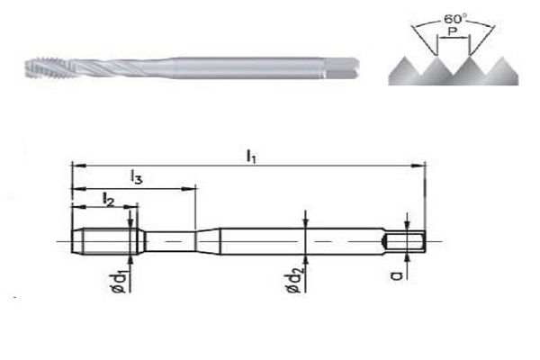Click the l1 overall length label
pyautogui.click(x=251, y=157)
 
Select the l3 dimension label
pyautogui.click(x=137, y=177)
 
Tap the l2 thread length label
pyautogui.click(x=108, y=200)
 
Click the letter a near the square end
pyautogui.click(x=398, y=275)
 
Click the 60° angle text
pyautogui.click(x=455, y=19)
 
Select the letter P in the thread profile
pyautogui.click(x=453, y=31)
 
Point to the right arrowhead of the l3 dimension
pyautogui.click(x=188, y=189)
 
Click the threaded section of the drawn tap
pyautogui.click(x=106, y=241)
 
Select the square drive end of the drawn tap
pyautogui.click(x=405, y=241)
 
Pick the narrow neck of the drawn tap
pyautogui.click(x=169, y=241)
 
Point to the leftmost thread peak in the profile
pyautogui.click(x=405, y=58)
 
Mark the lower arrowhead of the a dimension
pyautogui.click(x=407, y=260)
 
